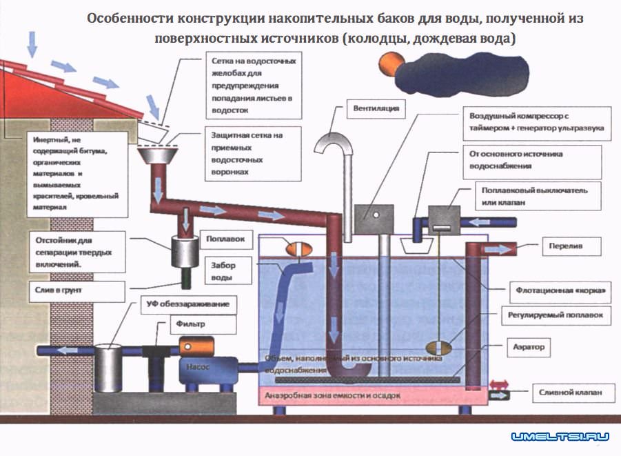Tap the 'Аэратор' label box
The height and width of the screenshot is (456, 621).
[x=529, y=347]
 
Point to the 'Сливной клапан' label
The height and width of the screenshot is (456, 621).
[x=571, y=393]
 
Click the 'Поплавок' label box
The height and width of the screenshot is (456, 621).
[x=226, y=239]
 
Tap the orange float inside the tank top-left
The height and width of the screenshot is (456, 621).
[x=298, y=248]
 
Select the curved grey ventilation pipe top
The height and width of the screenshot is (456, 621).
[x=338, y=141]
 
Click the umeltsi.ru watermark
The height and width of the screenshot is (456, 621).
[x=560, y=437]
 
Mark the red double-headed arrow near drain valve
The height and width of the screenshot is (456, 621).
[x=499, y=384]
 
